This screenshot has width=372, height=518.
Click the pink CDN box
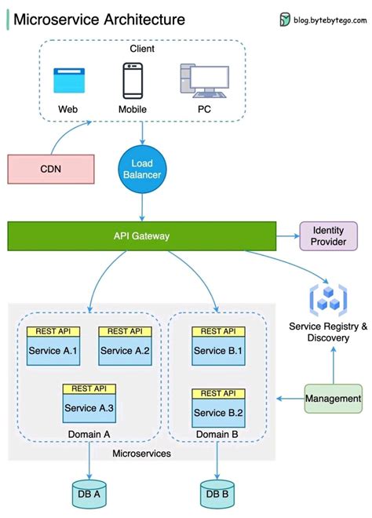click(50, 169)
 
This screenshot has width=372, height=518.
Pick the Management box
click(334, 399)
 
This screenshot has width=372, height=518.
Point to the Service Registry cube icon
click(328, 298)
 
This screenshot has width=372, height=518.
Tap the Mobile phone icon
click(132, 80)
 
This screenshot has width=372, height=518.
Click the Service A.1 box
click(53, 351)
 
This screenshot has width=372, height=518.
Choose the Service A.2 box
click(125, 351)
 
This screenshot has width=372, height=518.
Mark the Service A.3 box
click(89, 408)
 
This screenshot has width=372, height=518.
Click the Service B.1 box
click(218, 351)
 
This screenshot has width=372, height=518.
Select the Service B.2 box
click(218, 413)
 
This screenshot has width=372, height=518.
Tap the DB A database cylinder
click(89, 493)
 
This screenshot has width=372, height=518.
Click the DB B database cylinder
click(217, 493)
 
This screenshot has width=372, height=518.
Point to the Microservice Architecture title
click(100, 20)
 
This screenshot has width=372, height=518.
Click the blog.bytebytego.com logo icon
click(285, 20)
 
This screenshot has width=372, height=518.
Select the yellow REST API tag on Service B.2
click(218, 393)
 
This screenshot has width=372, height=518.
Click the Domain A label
click(90, 434)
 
